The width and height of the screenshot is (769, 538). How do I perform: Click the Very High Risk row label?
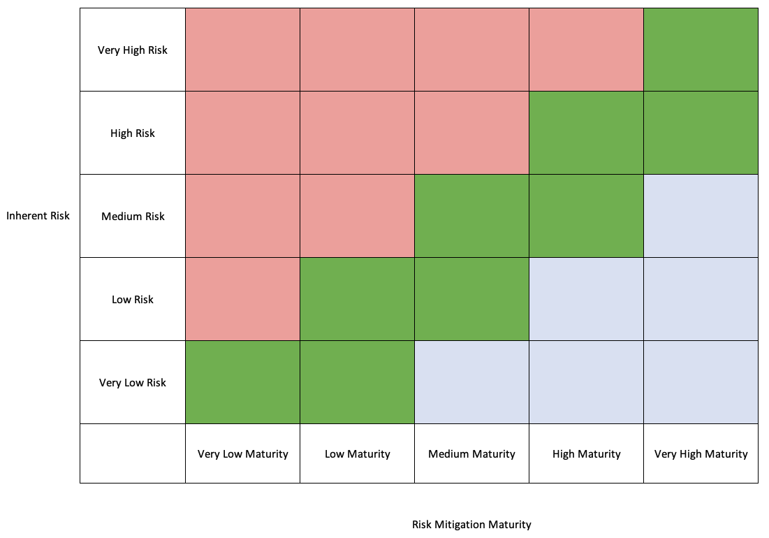click(133, 50)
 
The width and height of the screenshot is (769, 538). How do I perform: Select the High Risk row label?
click(133, 133)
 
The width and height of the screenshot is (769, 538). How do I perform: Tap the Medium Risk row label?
click(133, 217)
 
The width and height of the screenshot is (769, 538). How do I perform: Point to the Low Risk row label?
click(133, 300)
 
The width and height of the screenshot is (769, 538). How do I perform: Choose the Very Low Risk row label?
click(133, 383)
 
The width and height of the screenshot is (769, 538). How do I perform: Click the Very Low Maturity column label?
click(242, 454)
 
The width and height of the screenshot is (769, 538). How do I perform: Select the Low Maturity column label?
click(357, 454)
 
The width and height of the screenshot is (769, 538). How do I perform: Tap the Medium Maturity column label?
click(471, 454)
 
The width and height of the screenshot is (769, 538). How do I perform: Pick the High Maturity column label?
click(586, 454)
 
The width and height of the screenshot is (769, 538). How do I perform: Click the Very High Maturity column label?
click(701, 454)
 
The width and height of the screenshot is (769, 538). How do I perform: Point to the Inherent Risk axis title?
click(38, 216)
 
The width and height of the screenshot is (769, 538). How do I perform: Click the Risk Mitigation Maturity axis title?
click(471, 525)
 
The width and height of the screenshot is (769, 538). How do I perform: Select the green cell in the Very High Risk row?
click(701, 50)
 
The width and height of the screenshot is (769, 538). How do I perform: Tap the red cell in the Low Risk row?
click(242, 299)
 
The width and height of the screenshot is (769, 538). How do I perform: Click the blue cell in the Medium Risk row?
click(701, 216)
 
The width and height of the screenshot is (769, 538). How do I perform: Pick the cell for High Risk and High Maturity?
click(586, 133)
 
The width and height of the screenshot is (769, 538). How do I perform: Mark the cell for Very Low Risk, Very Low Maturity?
click(242, 382)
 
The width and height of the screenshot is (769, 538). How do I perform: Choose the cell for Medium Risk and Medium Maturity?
click(471, 216)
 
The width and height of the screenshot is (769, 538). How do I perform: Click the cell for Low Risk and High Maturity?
click(586, 299)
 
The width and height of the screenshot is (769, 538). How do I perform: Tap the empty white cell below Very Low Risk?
click(133, 453)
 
